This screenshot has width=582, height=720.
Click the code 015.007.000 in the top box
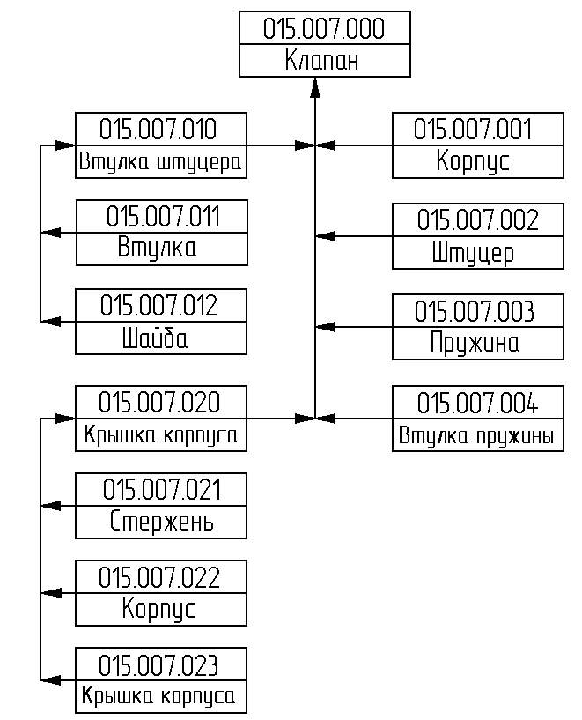point(324,28)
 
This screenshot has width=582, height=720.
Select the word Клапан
point(321,60)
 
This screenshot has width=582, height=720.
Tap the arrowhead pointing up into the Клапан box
point(315,88)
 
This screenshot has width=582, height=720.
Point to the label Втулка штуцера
point(160,162)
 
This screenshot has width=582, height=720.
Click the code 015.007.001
point(473,129)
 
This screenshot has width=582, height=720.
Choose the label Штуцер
point(473,253)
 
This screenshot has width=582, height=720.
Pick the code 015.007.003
point(475,311)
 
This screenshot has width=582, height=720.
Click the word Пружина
point(475,344)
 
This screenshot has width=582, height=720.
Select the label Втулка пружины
point(476,435)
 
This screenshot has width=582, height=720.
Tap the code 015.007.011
point(163,216)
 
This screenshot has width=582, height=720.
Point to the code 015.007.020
point(159,402)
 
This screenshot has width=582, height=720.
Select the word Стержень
point(161,521)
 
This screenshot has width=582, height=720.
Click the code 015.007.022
point(159,577)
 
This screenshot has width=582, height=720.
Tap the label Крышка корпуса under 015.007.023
point(158,696)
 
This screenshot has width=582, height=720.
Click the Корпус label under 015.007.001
point(473,161)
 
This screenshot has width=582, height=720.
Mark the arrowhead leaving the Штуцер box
point(326,236)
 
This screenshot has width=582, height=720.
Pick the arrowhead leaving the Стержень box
point(51,506)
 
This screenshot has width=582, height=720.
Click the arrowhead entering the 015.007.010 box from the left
point(65,145)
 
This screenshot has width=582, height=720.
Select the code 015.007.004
point(477,403)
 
